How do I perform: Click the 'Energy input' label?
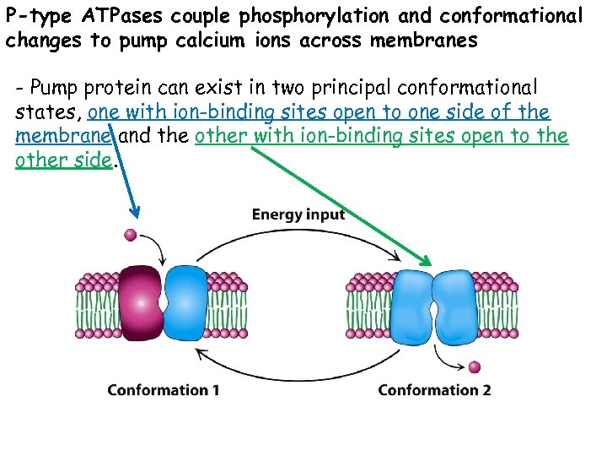click(298, 214)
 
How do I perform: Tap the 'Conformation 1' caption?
click(164, 390)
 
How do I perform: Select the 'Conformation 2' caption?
click(434, 390)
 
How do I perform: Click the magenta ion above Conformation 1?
click(130, 234)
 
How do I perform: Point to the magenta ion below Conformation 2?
click(475, 367)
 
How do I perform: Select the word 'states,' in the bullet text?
click(48, 112)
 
